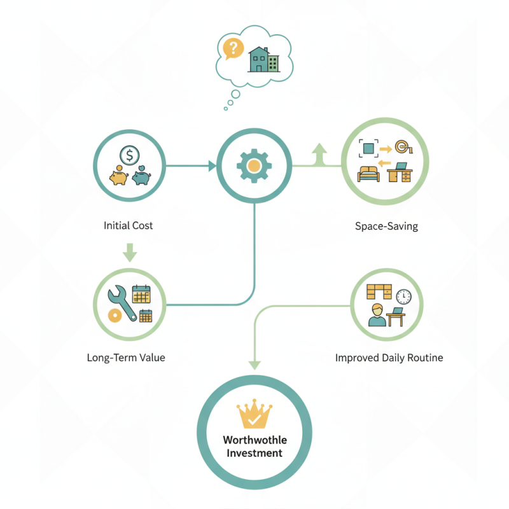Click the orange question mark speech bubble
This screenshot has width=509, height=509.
(233, 49)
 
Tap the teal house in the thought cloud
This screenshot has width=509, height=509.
(259, 59)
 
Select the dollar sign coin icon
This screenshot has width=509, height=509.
(130, 155)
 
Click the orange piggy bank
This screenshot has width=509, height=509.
(119, 176)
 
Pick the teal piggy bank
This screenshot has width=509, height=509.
(141, 176)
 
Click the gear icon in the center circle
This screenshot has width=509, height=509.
(254, 166)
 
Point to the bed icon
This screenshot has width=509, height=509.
(368, 174)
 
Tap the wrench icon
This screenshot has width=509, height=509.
(122, 303)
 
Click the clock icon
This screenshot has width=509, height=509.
(403, 296)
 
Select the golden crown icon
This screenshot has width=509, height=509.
(254, 414)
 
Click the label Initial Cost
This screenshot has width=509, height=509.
(129, 226)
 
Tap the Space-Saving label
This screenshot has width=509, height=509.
(386, 227)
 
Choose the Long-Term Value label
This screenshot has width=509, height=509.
(126, 358)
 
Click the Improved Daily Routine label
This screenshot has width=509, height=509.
(389, 358)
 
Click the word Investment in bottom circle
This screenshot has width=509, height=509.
(254, 453)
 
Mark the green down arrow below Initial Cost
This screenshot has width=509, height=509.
(130, 253)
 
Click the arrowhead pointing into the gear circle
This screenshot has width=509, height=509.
(213, 166)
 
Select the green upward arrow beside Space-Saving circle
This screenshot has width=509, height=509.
(319, 154)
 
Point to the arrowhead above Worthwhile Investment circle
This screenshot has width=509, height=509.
(255, 365)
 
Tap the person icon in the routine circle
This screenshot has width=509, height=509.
(377, 315)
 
